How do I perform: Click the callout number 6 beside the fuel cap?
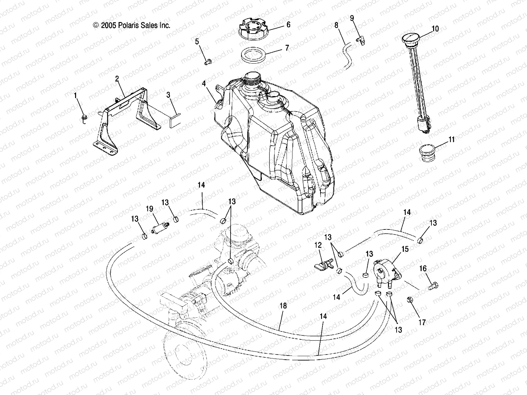(x=288, y=25)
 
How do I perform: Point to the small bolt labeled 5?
(x=208, y=61)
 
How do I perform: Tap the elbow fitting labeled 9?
(x=360, y=40)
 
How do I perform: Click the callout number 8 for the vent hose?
(x=336, y=25)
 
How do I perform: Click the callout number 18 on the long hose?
(x=283, y=306)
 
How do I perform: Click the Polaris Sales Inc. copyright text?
(x=132, y=25)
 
